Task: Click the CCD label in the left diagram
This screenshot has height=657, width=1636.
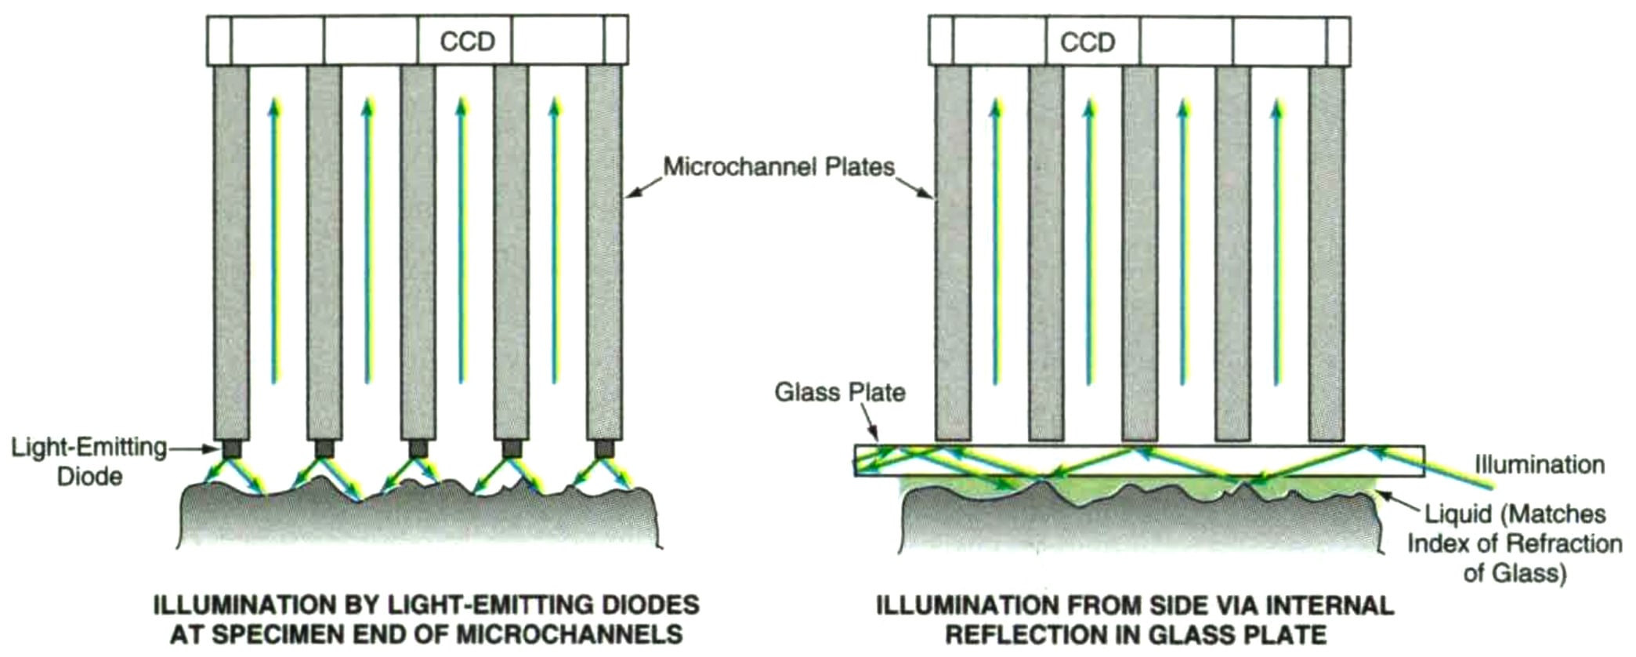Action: click(x=467, y=42)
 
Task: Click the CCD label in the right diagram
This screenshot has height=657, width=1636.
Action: click(x=1087, y=42)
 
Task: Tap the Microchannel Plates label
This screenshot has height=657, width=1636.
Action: click(x=779, y=167)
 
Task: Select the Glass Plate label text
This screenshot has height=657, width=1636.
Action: click(x=839, y=392)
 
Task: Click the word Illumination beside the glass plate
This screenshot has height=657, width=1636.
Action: click(x=1539, y=464)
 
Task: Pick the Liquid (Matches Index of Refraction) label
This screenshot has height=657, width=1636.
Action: click(x=1514, y=543)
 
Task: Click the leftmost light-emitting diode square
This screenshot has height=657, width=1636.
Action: click(x=231, y=449)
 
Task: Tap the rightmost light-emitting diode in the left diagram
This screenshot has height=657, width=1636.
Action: click(x=604, y=449)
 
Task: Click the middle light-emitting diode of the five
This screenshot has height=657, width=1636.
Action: click(x=418, y=449)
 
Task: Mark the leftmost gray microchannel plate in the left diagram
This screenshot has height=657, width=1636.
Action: click(x=231, y=251)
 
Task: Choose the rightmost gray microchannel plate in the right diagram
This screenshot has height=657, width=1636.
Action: click(x=1326, y=251)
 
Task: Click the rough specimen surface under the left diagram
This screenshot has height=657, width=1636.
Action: click(x=415, y=521)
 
